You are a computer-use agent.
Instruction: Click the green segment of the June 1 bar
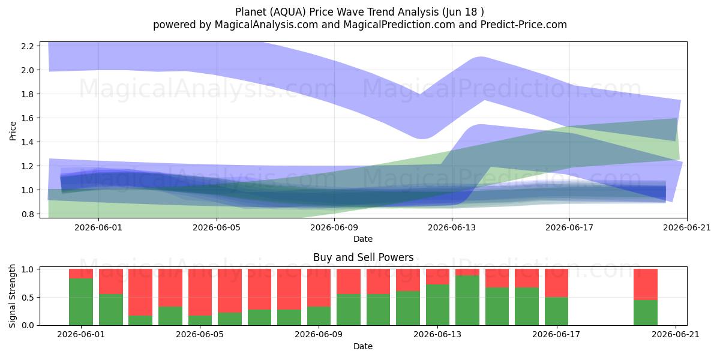tap(81, 302)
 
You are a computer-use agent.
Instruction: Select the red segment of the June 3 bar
tap(140, 292)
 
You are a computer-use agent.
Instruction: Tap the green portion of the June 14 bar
tap(467, 300)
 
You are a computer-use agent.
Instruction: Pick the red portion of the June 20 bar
tap(646, 284)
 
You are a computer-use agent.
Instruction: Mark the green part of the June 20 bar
tap(646, 313)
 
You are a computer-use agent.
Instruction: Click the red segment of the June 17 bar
tap(556, 283)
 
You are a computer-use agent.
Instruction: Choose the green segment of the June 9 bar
tap(319, 316)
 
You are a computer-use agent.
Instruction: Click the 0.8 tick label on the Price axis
tap(28, 214)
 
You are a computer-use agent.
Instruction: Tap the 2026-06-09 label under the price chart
tap(334, 227)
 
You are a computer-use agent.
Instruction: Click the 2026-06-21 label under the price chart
tap(687, 227)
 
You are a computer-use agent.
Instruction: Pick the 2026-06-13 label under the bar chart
tap(437, 335)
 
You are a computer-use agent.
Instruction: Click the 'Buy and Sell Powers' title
tap(363, 257)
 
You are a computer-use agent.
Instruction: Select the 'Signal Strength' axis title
tap(12, 296)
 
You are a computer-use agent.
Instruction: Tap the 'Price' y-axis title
tap(13, 131)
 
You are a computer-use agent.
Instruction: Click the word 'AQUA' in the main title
tap(287, 12)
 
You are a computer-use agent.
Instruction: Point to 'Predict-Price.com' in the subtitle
tap(524, 25)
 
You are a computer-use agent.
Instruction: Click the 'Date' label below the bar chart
tap(363, 346)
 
